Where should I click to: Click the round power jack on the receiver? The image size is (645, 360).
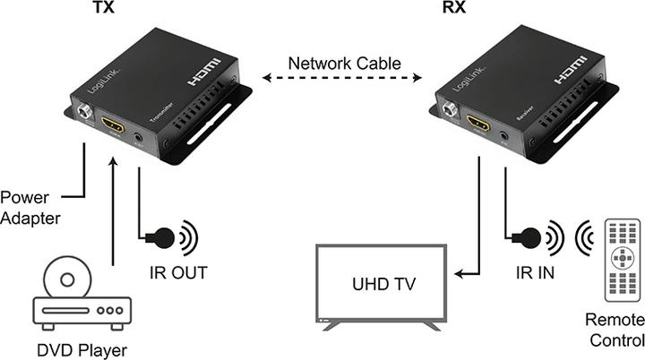451,112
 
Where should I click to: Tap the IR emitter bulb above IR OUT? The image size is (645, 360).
163,238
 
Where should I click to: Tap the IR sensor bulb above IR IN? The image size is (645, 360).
529,238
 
